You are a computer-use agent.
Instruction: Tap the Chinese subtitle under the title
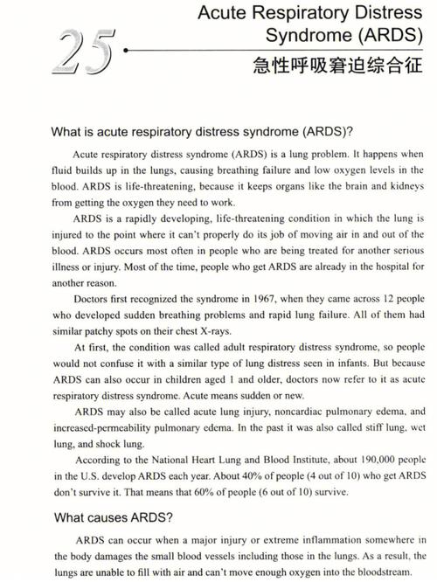[342, 65]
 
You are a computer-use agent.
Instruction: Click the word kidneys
[406, 184]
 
